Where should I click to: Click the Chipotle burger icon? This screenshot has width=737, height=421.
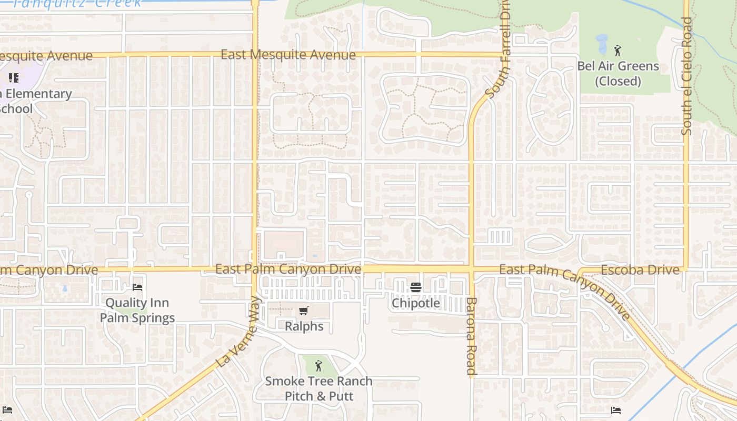(x=416, y=287)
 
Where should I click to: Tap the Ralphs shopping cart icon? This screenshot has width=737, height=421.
(x=304, y=311)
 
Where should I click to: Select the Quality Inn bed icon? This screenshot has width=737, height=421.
(x=137, y=287)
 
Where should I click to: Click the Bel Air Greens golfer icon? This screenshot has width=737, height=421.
(x=618, y=51)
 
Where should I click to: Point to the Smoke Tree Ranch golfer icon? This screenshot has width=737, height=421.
(x=318, y=365)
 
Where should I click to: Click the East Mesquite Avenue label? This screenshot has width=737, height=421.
(x=288, y=55)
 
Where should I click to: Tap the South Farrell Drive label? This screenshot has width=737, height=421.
(x=499, y=50)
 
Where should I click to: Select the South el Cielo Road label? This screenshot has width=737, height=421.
(x=686, y=76)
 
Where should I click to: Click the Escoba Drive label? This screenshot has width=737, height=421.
(x=640, y=270)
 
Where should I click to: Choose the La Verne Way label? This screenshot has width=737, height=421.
(x=239, y=332)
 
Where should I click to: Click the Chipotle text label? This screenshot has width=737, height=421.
(x=416, y=304)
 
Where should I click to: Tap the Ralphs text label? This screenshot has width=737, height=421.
(x=304, y=327)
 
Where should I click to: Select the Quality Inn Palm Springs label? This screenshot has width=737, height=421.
(x=137, y=310)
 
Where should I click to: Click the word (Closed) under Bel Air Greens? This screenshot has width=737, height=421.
(x=618, y=82)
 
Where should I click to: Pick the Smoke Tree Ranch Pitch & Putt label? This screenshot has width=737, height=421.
(x=318, y=388)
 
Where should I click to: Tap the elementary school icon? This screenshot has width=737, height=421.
(x=14, y=78)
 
